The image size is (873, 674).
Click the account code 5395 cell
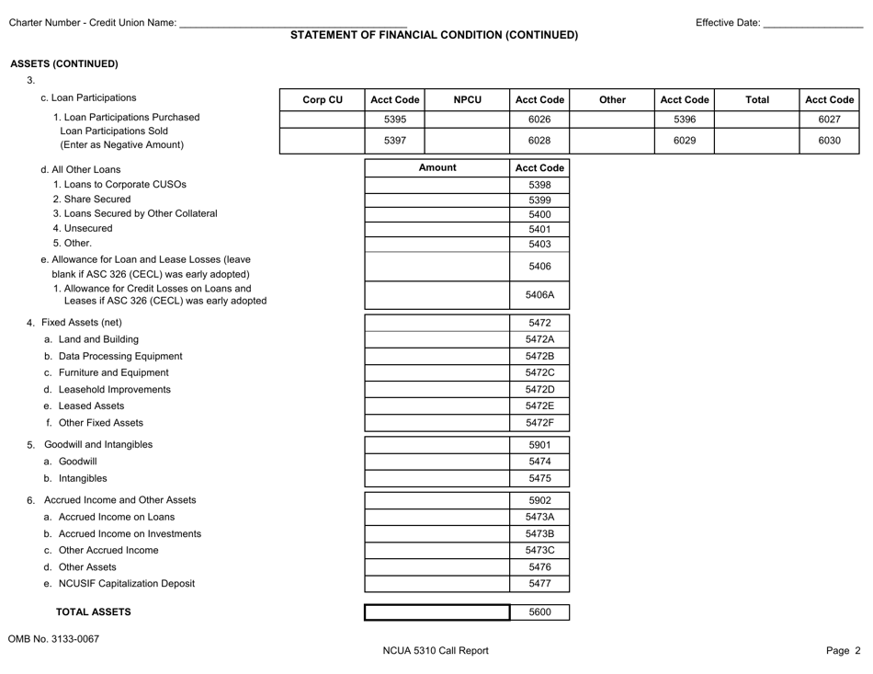pos(394,119)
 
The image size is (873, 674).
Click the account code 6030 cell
pos(829,140)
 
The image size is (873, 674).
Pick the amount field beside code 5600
pos(437,612)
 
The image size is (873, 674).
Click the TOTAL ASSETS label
pos(94,612)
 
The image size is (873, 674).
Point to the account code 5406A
pos(539,296)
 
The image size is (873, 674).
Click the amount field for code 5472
pos(437,323)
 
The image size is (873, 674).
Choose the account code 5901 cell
pos(539,445)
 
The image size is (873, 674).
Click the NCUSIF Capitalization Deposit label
pos(119,584)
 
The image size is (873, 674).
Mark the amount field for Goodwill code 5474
pos(437,462)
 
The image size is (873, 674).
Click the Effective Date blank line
pos(812,24)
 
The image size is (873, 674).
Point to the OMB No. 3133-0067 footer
pos(54,640)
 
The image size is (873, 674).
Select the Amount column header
pos(437,168)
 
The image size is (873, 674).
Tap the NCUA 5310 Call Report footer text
pos(436,651)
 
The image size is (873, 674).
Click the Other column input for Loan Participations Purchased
pos(612,119)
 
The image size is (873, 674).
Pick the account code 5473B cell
pos(539,533)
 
